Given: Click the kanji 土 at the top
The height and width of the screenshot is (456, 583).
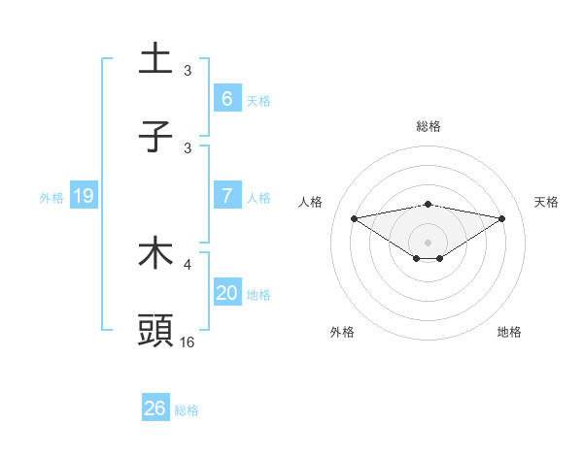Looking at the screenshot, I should [155, 60].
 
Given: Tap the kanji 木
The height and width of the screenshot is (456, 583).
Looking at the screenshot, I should [155, 253].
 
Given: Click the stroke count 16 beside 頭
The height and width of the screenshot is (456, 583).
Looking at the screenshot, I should [188, 342].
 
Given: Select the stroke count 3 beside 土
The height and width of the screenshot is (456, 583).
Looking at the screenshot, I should [188, 71].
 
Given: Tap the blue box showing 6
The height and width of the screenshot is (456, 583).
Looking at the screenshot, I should [226, 99].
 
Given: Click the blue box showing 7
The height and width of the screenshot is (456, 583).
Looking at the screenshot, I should [226, 196].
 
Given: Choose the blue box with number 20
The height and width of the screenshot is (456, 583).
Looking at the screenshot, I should [226, 293].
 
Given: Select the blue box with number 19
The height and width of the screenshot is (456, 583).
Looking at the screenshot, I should [83, 196].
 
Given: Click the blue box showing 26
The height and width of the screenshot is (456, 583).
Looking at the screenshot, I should [154, 408].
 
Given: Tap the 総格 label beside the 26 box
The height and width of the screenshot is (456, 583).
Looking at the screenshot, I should [187, 410].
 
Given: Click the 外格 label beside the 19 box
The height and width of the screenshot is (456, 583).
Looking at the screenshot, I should [51, 197].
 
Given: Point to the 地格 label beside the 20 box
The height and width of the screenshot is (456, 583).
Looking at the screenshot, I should [258, 294].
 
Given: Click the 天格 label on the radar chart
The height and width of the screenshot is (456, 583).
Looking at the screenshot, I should [546, 202].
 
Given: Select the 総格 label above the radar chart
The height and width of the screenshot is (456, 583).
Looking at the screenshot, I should [428, 127].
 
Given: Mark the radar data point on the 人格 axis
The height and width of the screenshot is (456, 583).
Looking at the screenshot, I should [355, 218].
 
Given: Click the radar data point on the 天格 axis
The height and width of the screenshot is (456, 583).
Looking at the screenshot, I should [501, 218].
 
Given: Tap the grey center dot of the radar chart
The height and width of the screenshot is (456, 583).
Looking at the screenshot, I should [428, 242].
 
